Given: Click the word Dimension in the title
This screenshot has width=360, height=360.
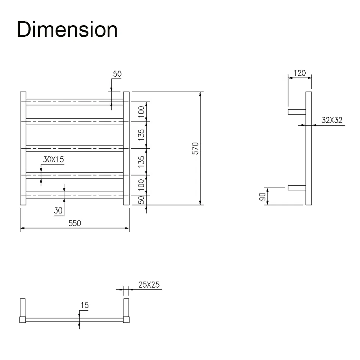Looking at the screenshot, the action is point(67,29).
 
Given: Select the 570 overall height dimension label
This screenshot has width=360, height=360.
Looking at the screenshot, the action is point(195,148).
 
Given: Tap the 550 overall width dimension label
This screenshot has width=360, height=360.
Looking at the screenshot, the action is point(75,223).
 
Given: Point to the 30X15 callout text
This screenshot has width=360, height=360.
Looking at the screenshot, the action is point(54,159).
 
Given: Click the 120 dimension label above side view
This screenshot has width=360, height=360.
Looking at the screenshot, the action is point(300,73).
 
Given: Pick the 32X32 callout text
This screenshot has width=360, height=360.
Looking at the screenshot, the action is point(332,120).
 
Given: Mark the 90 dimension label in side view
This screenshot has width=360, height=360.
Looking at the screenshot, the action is point(262,197).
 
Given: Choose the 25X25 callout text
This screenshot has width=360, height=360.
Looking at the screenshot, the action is point(149,285).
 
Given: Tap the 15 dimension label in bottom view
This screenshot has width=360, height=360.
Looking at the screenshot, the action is point(85,305).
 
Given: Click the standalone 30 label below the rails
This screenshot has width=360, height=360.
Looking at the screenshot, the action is point(58,210).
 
